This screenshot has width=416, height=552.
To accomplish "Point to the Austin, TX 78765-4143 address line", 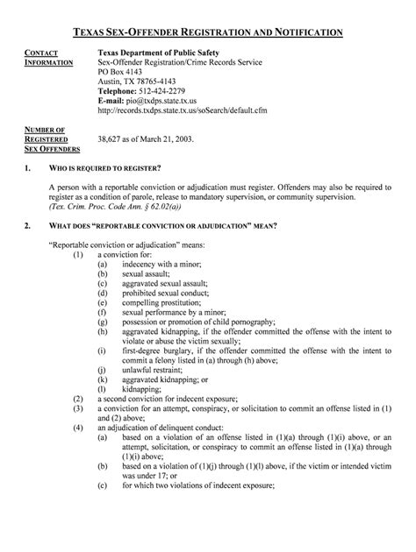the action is click(138, 82).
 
